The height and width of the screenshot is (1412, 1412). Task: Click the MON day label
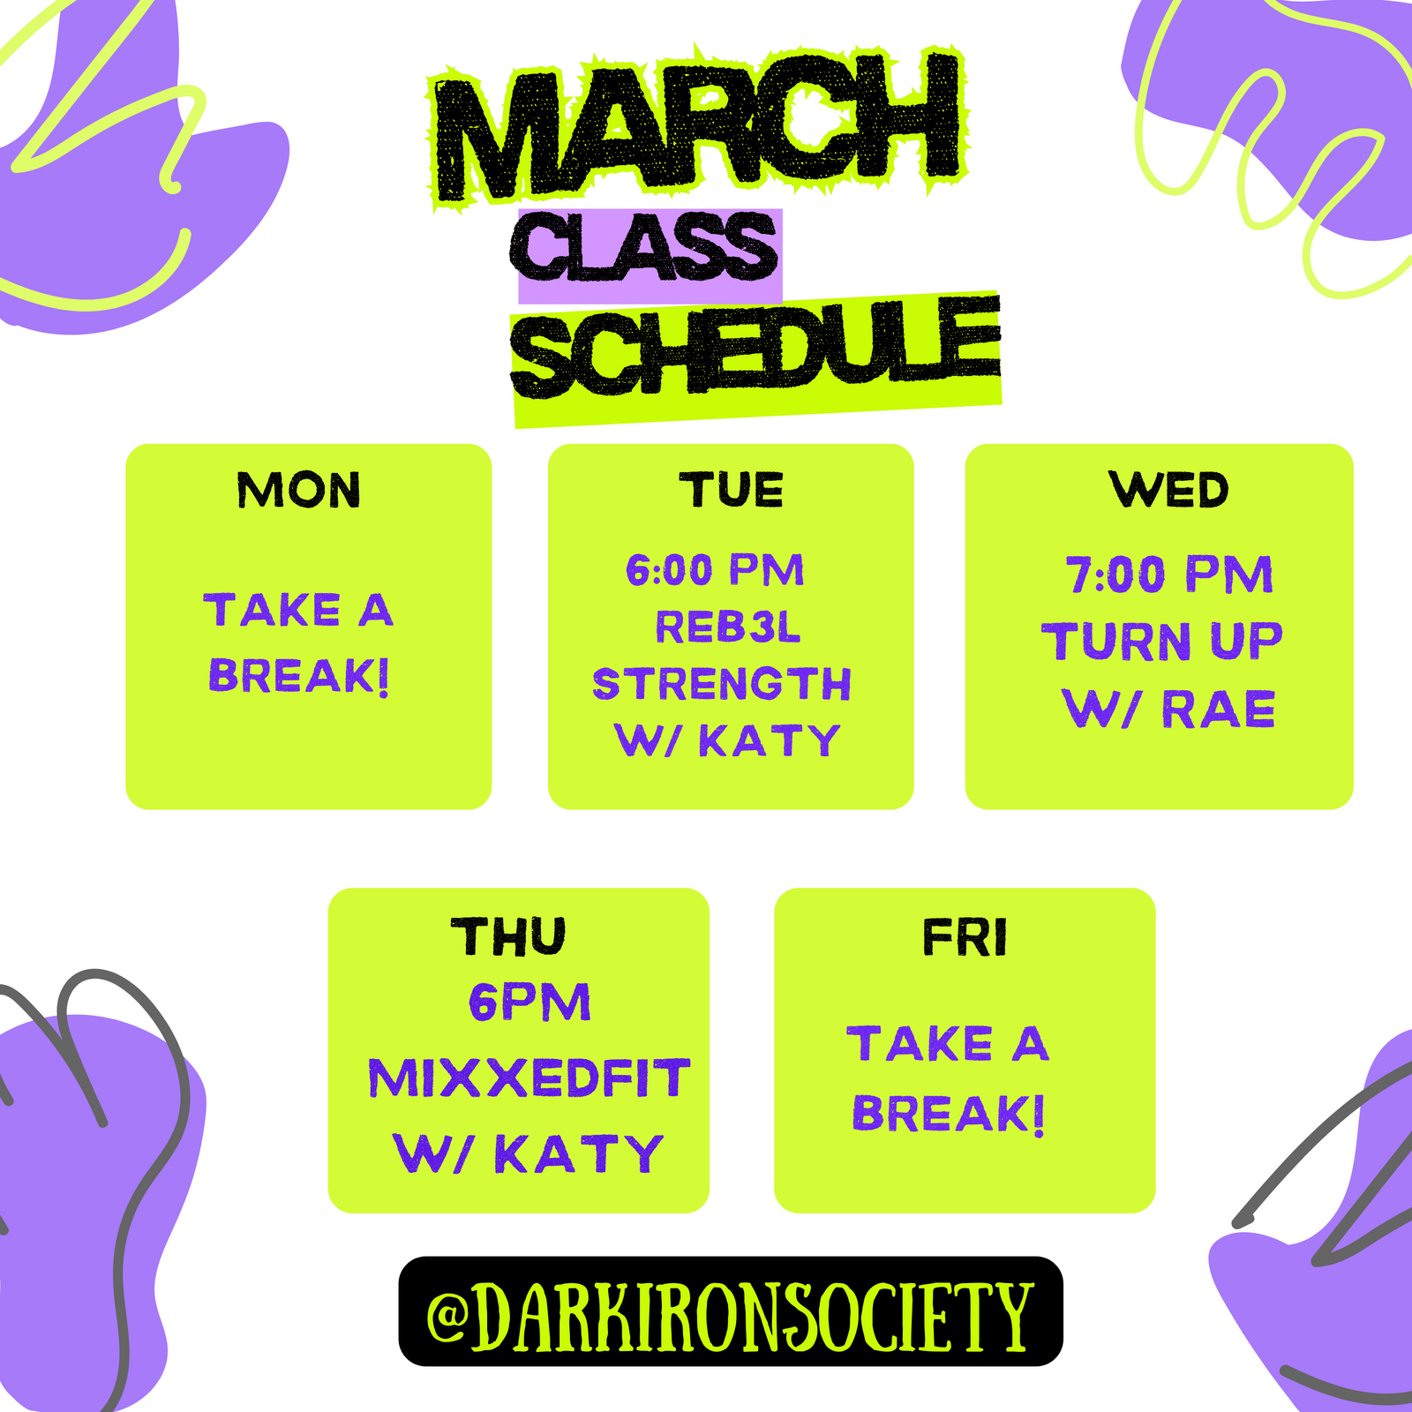(299, 490)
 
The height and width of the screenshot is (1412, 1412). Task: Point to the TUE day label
(731, 490)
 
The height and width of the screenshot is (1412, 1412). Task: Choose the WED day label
(1169, 490)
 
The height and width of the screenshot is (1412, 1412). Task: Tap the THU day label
(508, 937)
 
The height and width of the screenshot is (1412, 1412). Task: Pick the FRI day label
(965, 937)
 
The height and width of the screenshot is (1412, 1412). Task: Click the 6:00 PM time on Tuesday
(715, 570)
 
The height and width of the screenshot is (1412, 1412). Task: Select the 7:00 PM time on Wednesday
(1169, 575)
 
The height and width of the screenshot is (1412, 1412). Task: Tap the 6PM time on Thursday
(529, 1003)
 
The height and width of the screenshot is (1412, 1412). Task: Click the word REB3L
(728, 627)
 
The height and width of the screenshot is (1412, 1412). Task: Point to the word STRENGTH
(722, 684)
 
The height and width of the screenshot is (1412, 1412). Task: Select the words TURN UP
(1162, 642)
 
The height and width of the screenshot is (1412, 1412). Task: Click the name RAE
(1219, 710)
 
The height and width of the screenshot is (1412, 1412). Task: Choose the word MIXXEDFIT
(529, 1078)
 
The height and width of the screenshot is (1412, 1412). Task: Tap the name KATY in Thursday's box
(579, 1154)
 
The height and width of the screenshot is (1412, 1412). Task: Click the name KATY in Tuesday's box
(770, 740)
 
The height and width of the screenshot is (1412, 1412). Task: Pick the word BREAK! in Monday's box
(299, 677)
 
